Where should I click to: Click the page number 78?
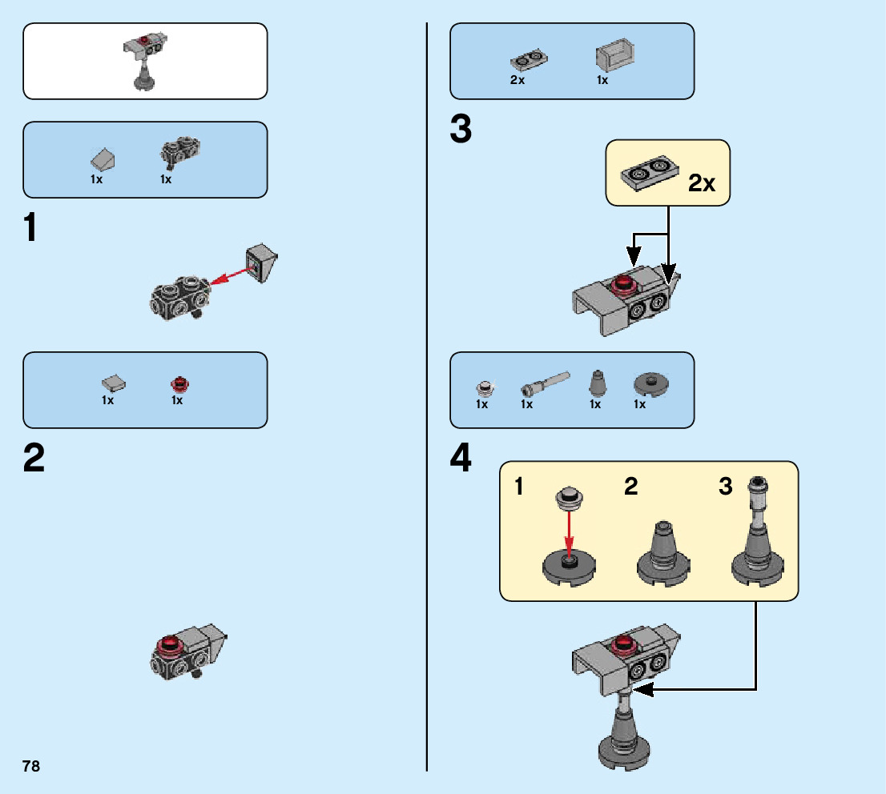31,766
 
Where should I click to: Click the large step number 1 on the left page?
30,228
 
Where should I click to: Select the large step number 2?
34,459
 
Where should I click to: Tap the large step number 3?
461,130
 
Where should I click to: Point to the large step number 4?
461,459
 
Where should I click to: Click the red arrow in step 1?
233,275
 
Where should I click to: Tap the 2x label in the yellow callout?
702,183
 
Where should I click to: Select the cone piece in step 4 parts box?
596,383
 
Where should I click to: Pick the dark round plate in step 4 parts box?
650,383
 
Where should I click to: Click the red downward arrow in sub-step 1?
569,534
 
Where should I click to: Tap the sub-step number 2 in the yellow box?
631,486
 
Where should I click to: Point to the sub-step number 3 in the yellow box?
726,486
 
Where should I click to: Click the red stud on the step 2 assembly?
170,644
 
